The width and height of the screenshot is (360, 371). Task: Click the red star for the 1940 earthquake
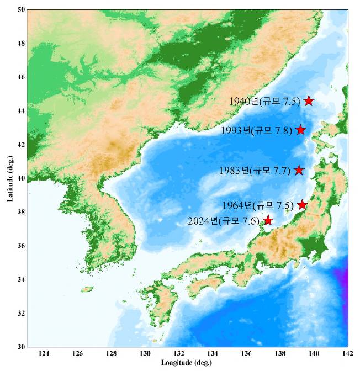[309, 100]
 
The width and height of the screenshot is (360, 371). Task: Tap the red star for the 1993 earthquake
[300, 129]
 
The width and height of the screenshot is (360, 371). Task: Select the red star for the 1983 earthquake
[299, 169]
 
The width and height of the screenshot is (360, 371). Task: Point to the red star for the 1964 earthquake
[302, 205]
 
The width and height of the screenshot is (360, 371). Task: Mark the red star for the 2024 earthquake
[268, 220]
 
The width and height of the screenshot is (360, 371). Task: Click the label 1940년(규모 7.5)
[264, 101]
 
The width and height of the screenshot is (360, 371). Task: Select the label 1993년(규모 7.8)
[256, 130]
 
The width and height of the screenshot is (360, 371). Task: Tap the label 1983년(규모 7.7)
[254, 171]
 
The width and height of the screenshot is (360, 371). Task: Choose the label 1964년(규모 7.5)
[257, 205]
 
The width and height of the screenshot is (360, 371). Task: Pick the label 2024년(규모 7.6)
[224, 221]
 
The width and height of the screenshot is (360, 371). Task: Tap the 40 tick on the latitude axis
[20, 178]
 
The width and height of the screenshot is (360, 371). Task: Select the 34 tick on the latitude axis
[20, 279]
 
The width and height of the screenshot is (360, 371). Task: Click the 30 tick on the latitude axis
[20, 347]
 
